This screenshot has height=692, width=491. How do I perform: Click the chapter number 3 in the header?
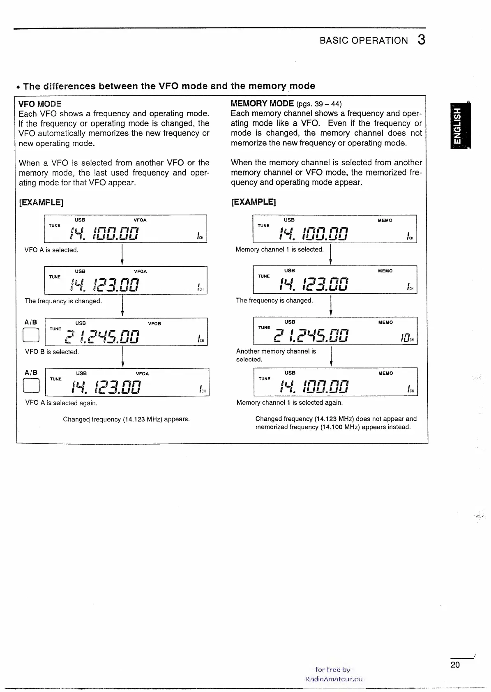421,40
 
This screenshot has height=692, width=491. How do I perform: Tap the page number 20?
455,665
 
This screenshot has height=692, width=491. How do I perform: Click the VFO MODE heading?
40,104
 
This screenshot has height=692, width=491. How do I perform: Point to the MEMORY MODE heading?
262,104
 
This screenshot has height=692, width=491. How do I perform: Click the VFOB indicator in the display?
154,324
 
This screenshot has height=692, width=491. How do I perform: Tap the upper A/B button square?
31,336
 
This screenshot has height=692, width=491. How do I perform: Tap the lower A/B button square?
32,386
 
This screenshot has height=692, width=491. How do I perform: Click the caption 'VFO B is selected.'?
52,352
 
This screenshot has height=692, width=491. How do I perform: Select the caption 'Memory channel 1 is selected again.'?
289,403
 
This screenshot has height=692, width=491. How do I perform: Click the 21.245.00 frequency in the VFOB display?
102,336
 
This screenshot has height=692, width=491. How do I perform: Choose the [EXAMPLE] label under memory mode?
253,202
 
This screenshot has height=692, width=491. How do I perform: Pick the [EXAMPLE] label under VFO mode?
41,202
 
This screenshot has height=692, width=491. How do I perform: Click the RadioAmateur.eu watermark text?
334,679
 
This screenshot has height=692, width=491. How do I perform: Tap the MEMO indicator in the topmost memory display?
385,221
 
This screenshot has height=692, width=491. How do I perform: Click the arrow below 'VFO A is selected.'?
122,255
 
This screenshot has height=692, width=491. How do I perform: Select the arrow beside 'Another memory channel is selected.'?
331,356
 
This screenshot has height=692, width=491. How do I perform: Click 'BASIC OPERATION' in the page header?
364,41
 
